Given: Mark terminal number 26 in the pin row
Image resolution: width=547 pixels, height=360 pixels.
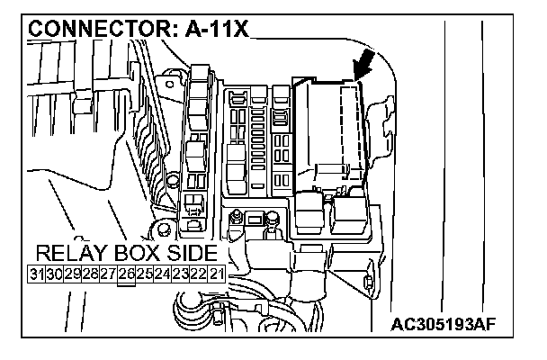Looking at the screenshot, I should tap(127, 274).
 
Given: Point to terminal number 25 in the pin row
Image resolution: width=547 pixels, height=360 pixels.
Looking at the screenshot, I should tap(145, 274).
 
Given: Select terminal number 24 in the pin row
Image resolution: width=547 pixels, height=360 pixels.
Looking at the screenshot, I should tap(163, 274).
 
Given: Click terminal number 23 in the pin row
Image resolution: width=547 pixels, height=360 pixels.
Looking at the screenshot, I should tap(181, 274).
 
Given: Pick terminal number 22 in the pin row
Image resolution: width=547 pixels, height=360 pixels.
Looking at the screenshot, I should tap(198, 274).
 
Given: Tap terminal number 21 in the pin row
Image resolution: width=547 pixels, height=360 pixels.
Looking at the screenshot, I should tap(216, 274).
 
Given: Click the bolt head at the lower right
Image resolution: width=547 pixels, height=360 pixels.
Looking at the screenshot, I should tap(370, 283).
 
